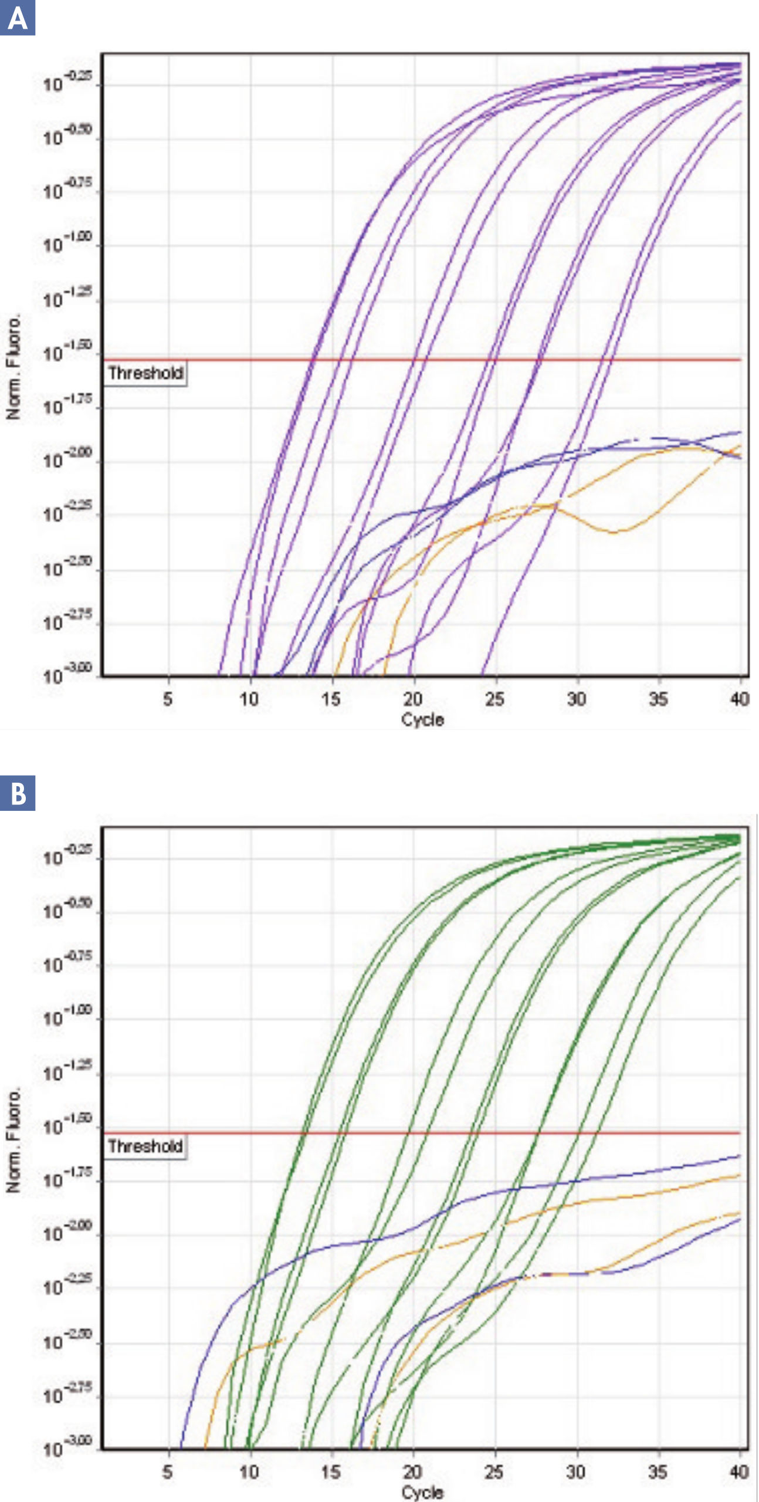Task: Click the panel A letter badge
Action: (x=17, y=18)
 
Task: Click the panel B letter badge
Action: (x=17, y=793)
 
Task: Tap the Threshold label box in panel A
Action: (x=145, y=373)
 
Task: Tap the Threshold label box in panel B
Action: (x=145, y=1146)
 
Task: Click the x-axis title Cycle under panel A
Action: (x=422, y=719)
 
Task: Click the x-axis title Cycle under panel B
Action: (x=422, y=1492)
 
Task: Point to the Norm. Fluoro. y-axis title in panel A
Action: (x=13, y=366)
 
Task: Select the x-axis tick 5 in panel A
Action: (x=168, y=699)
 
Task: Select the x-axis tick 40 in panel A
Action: (x=739, y=699)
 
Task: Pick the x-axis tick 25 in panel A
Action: (x=494, y=699)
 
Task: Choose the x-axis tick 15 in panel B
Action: (x=331, y=1471)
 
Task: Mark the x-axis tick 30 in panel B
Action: (x=576, y=1471)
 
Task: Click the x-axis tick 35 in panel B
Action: (x=658, y=1471)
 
